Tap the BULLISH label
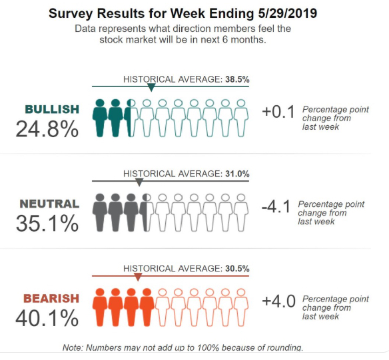coord(52,109)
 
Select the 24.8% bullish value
coord(47,129)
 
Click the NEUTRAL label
coord(49,204)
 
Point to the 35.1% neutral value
coord(47,224)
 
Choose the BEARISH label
coord(51,299)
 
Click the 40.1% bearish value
coord(47,319)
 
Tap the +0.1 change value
coord(278,112)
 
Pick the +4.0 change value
coord(278,301)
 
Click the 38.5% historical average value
coord(237,79)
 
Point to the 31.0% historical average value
coord(237,174)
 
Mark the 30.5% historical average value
coord(237,269)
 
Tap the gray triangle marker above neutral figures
coord(139,182)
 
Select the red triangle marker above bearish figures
coord(138,277)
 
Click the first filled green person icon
coord(100,118)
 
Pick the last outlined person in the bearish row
coord(242,307)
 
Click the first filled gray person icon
coord(100,212)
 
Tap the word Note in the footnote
coord(74,347)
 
